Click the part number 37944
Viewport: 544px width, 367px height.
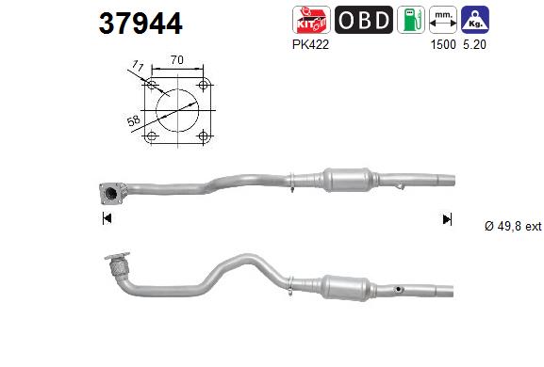(140, 23)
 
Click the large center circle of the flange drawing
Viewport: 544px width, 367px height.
(176, 111)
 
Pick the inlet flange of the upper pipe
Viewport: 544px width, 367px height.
(110, 193)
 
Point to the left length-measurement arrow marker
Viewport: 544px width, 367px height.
(106, 219)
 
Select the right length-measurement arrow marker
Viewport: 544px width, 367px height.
(447, 219)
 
